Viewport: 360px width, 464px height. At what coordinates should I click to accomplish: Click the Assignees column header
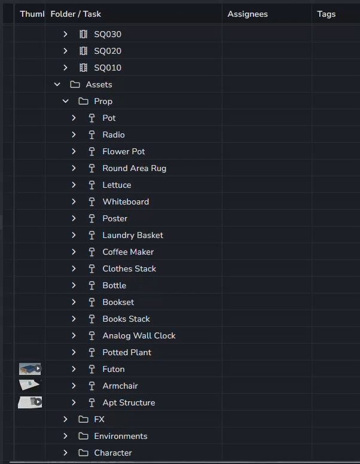(248, 14)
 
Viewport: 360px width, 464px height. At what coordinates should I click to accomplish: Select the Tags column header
(327, 14)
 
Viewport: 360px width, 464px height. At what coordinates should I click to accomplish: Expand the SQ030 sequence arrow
(65, 34)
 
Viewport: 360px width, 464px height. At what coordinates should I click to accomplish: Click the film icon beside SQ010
(84, 68)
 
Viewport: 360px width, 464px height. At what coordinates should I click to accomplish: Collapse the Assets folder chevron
(57, 84)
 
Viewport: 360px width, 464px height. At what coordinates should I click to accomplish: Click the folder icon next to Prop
(84, 101)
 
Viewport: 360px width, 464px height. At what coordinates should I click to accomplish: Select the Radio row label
(114, 135)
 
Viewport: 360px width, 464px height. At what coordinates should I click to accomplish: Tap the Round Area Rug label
(135, 168)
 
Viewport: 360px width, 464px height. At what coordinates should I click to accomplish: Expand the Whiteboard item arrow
(74, 202)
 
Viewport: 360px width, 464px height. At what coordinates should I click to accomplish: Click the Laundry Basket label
(133, 235)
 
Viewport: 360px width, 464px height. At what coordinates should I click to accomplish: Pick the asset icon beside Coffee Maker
(91, 252)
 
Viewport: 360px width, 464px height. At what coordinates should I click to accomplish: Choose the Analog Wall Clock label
(139, 335)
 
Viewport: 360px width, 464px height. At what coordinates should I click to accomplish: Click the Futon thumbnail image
(30, 369)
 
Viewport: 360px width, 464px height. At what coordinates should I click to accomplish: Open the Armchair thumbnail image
(29, 385)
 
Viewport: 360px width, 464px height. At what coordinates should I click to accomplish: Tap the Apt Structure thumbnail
(30, 402)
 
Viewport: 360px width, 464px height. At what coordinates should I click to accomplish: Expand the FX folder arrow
(65, 419)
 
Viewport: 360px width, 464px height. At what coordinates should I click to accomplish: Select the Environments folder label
(120, 436)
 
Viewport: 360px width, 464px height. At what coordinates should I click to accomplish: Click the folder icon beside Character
(84, 453)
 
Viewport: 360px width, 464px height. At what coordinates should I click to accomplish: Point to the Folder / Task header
(75, 14)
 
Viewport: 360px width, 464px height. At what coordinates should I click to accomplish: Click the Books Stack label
(126, 319)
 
